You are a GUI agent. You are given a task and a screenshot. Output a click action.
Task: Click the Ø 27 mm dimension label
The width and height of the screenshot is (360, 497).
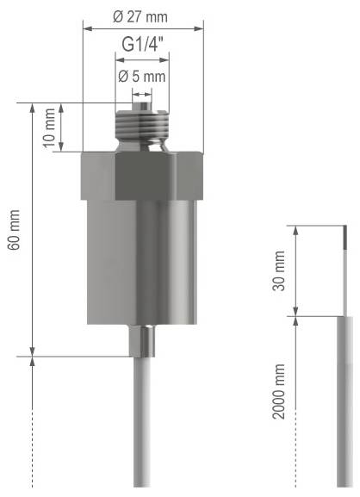tap(143, 16)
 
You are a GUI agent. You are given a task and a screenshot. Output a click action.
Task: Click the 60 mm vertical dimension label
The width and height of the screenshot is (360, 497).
tap(13, 232)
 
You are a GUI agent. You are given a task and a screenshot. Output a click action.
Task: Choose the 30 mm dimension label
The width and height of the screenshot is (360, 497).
tap(278, 271)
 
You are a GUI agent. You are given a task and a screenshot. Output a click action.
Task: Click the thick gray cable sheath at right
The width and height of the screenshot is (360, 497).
tap(346, 396)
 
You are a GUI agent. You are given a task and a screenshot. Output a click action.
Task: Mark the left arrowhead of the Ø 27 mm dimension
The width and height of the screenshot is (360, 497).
tap(85, 28)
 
